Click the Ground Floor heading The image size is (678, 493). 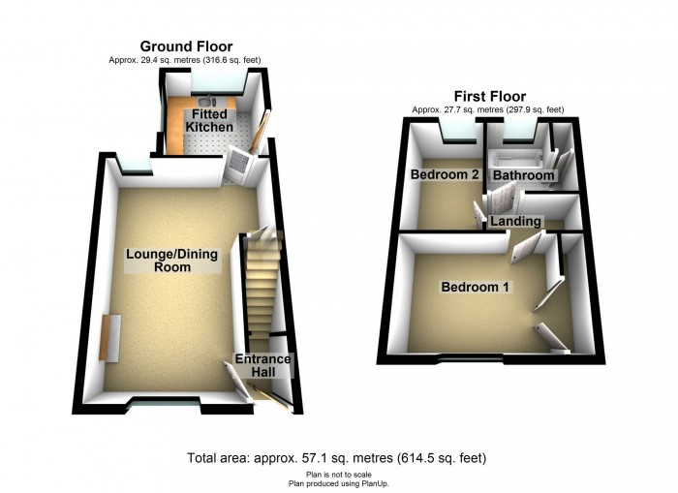[x=186, y=46]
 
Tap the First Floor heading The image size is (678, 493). [x=490, y=96]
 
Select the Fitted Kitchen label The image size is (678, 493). [x=209, y=121]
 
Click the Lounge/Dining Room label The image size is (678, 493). [x=172, y=261]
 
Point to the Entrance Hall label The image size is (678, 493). [x=262, y=365]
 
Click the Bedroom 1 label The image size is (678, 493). [x=475, y=287]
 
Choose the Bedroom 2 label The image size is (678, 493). [x=445, y=174]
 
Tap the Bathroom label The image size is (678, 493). [x=524, y=175]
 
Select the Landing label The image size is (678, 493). [x=515, y=222]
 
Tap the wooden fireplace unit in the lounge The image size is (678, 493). [x=109, y=338]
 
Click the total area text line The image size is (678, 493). [x=336, y=457]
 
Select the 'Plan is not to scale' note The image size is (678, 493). [x=339, y=475]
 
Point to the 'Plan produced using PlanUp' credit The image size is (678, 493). [x=339, y=483]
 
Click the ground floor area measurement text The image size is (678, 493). [x=185, y=60]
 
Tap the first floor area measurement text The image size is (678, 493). [x=488, y=109]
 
